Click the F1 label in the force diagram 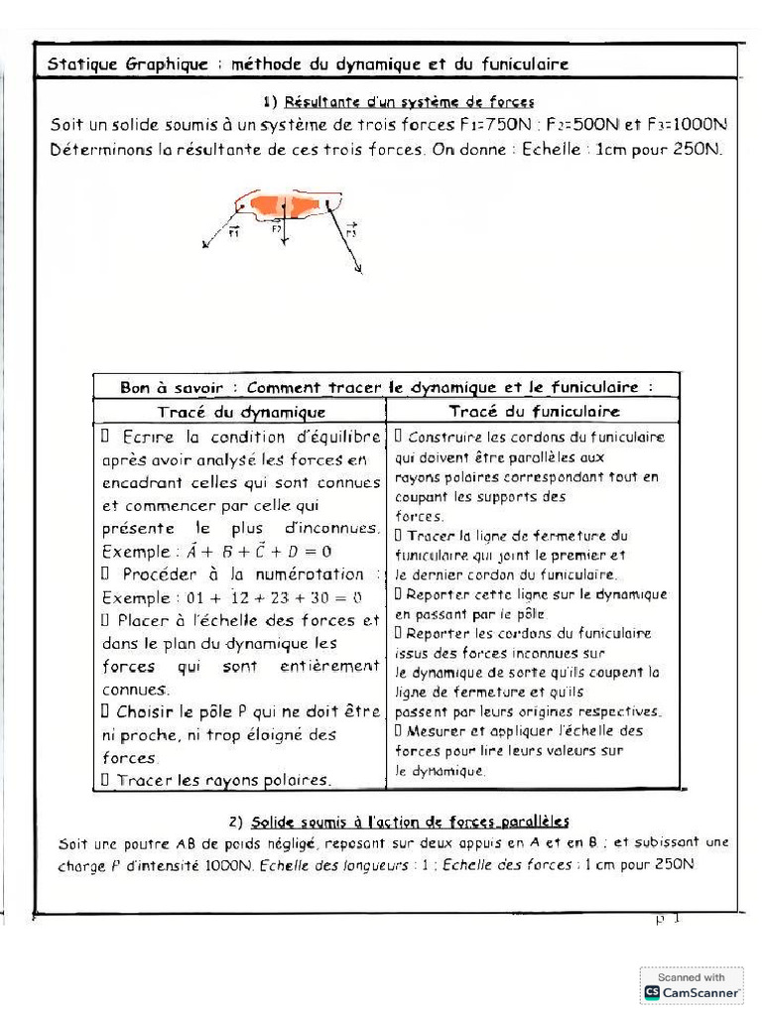click(x=234, y=232)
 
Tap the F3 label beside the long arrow click(x=352, y=230)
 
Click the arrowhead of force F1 click(x=205, y=247)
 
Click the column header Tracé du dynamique click(x=241, y=412)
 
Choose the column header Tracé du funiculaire click(x=534, y=411)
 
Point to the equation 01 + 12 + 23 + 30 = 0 click(x=258, y=597)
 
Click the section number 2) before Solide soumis click(x=235, y=822)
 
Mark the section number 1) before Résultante click(x=271, y=101)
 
